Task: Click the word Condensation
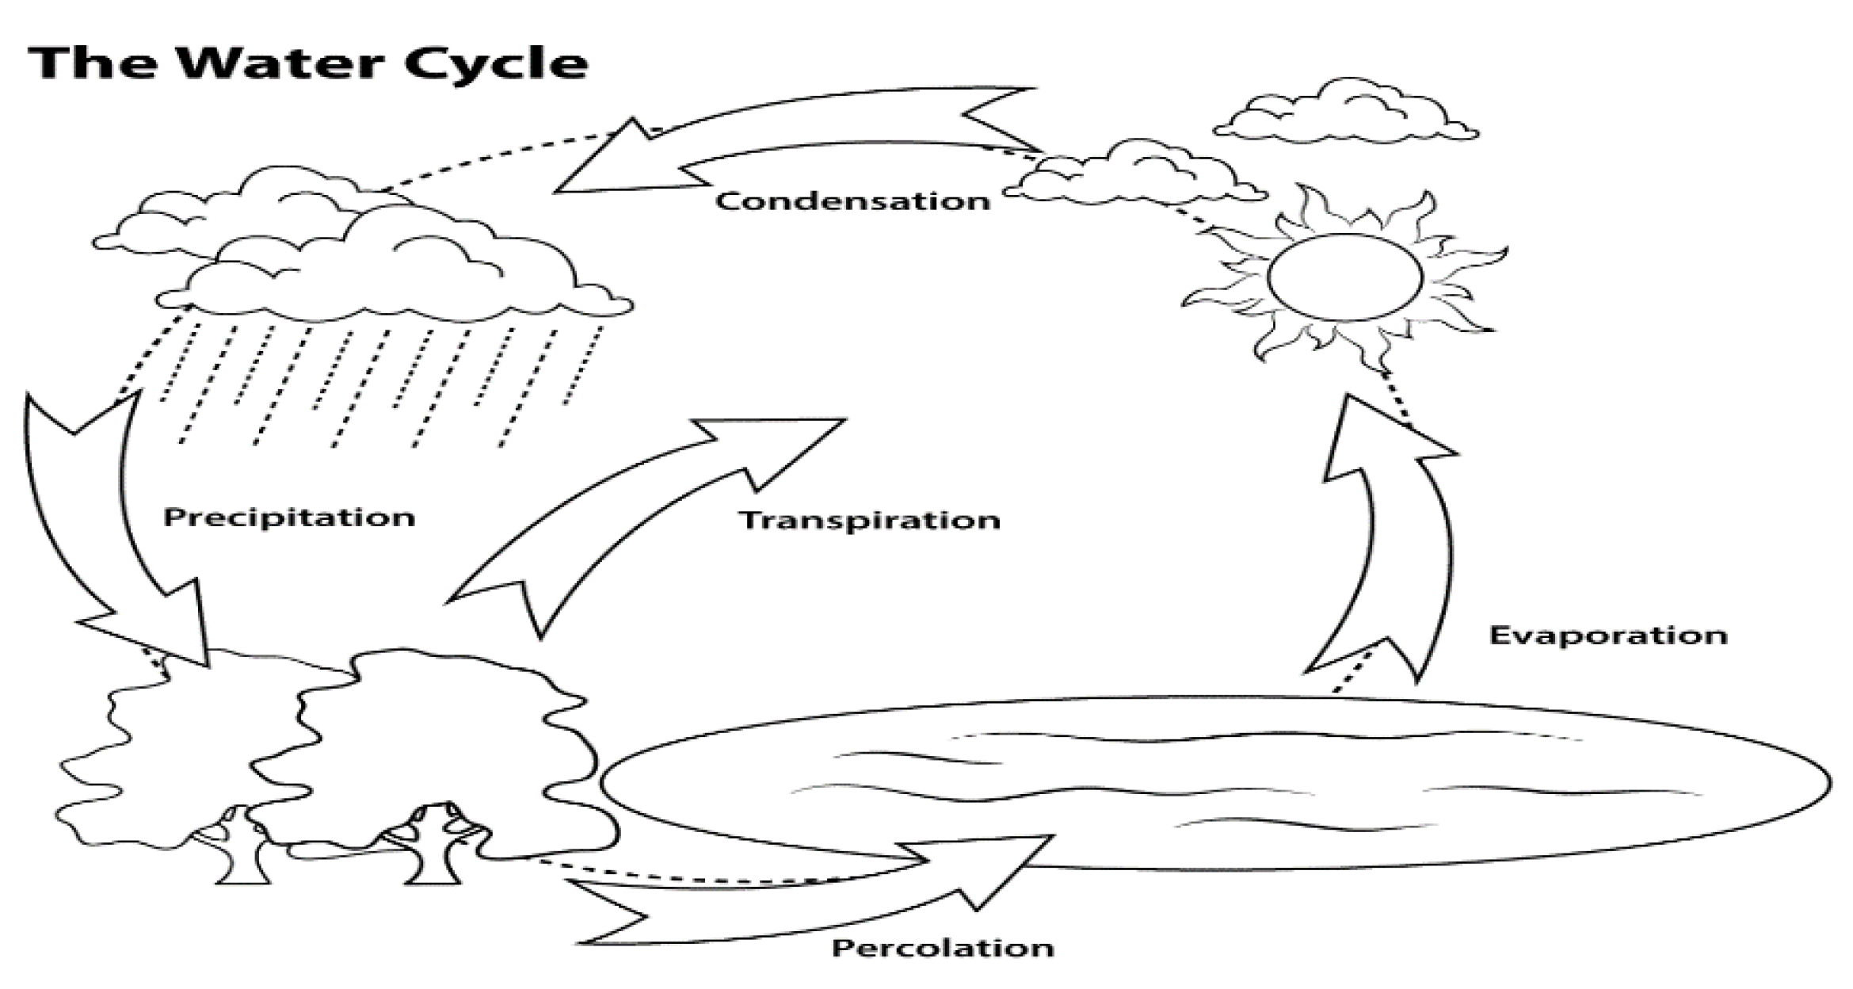point(852,201)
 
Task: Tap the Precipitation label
point(289,517)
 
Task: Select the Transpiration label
point(870,521)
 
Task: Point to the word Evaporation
point(1608,636)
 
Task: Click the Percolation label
point(943,948)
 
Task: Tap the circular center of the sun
point(1344,277)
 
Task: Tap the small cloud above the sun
point(1347,115)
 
